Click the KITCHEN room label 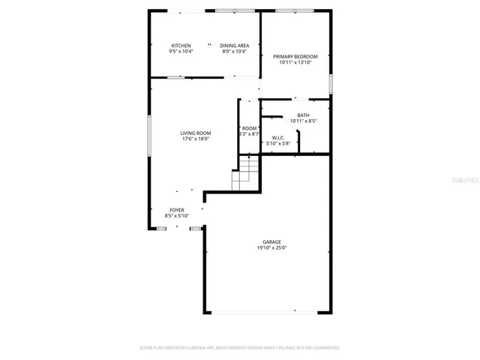181,46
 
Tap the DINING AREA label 235,46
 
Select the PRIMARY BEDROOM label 295,57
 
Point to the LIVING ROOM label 195,133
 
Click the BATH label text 302,115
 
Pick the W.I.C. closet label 277,137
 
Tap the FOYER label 177,210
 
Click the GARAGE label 271,241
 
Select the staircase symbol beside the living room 244,178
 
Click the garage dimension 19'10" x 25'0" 271,247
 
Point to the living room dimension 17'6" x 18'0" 195,139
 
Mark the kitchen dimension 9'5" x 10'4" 181,52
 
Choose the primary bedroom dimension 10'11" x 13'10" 295,63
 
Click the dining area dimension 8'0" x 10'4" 235,52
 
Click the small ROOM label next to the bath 249,128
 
